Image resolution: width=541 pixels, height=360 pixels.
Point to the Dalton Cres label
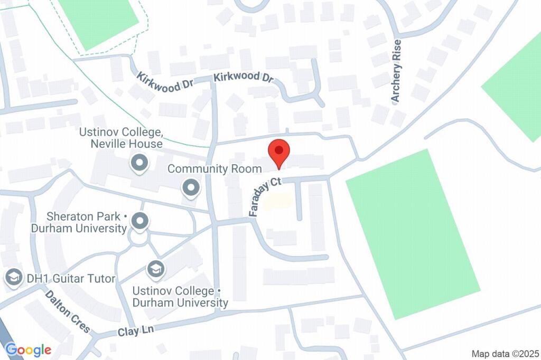[x=67, y=311]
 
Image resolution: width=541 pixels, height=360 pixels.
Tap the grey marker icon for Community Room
[x=191, y=187]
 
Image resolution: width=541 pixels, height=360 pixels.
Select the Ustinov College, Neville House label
[x=121, y=138]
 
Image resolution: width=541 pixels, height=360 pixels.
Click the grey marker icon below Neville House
[x=139, y=164]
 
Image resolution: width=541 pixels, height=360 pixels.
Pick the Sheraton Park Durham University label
[x=86, y=222]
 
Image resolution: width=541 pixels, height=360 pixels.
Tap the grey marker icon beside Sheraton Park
[x=140, y=222]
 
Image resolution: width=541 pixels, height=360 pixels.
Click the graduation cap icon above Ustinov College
[x=155, y=269]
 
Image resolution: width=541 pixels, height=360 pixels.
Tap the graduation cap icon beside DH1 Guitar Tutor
[x=13, y=277]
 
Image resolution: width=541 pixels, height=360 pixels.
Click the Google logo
[x=29, y=349]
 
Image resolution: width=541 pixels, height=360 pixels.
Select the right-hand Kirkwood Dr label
[x=244, y=77]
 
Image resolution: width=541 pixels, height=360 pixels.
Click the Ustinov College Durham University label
[x=180, y=297]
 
